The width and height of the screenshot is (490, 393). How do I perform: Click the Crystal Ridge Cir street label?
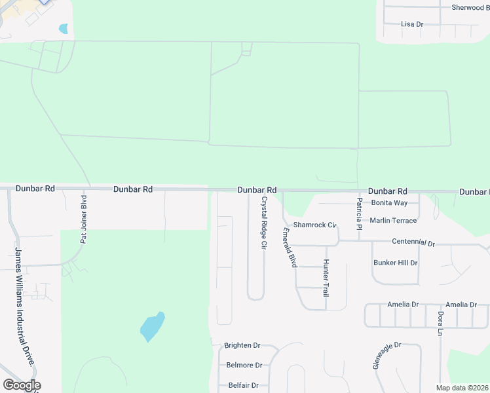click(x=264, y=223)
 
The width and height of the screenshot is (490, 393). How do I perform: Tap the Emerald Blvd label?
click(x=289, y=247)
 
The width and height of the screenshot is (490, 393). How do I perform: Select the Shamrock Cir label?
click(x=314, y=225)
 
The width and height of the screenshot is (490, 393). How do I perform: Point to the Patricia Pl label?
click(x=360, y=209)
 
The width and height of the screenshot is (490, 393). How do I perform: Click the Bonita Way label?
click(x=389, y=203)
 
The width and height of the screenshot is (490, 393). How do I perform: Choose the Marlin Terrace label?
click(x=393, y=221)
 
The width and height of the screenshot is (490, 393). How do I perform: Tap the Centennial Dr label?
click(x=413, y=242)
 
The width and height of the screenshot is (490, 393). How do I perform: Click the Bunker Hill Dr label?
click(x=395, y=263)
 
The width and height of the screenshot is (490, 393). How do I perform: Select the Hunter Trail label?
click(x=325, y=278)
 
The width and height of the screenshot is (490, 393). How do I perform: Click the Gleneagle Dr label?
click(x=386, y=354)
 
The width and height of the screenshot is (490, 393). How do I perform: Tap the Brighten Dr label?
click(x=242, y=345)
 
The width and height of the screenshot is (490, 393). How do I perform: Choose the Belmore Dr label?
click(x=244, y=365)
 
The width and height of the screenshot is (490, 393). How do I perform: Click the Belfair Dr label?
click(x=244, y=386)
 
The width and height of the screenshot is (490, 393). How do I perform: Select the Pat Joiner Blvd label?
click(x=83, y=219)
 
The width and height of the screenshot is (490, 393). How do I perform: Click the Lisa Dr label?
click(x=412, y=24)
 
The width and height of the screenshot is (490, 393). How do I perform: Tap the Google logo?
click(x=22, y=385)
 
